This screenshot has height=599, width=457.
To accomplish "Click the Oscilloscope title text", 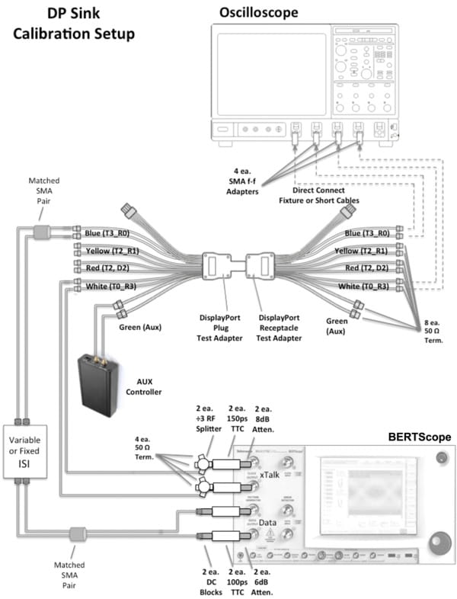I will tap(258, 12).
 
